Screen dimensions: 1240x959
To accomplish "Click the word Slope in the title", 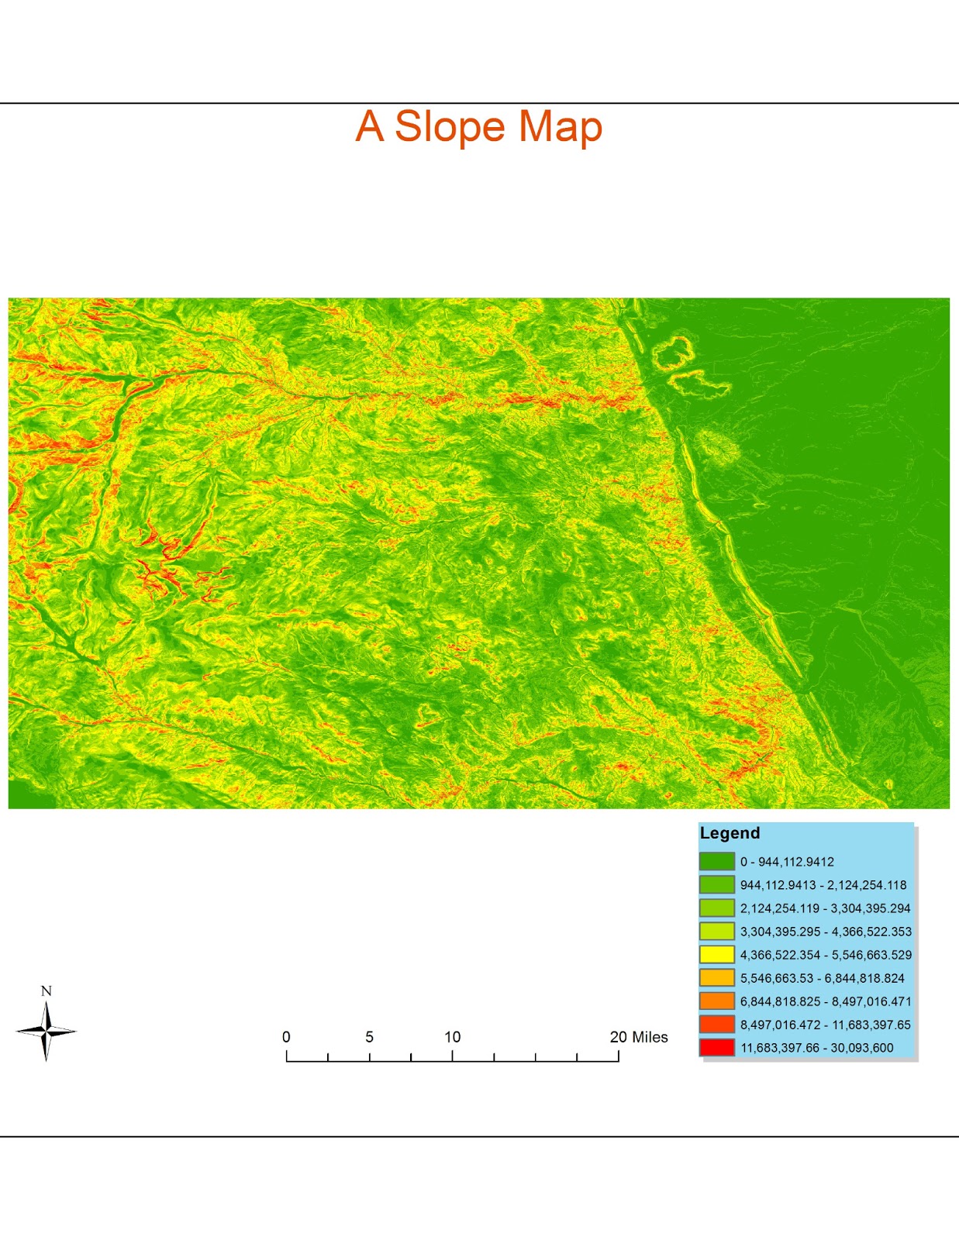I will tap(450, 126).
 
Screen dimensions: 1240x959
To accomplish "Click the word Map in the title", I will tap(560, 126).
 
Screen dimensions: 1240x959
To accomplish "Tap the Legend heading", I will tap(730, 833).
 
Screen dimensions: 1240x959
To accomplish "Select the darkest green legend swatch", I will tap(716, 861).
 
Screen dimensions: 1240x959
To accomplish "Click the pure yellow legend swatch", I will tap(716, 954).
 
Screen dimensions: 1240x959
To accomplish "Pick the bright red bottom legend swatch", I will tap(716, 1047).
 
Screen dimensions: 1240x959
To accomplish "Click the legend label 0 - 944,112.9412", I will tap(787, 862).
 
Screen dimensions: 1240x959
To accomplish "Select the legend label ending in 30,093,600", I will tap(816, 1048).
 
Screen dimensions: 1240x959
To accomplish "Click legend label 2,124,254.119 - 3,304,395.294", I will tap(825, 908).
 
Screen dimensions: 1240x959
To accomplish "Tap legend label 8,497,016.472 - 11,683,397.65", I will tap(825, 1025).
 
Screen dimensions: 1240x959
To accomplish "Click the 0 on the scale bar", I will tap(286, 1037).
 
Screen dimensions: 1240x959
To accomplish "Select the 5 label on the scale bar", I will tap(369, 1037).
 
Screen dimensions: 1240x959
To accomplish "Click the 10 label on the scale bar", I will tap(452, 1037).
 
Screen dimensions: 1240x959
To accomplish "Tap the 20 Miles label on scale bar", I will tap(638, 1037).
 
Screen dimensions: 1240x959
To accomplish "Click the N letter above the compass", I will tap(46, 991).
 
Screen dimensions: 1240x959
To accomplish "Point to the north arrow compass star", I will tap(46, 1031).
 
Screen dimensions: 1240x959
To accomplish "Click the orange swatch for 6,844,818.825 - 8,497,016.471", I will tap(716, 1001).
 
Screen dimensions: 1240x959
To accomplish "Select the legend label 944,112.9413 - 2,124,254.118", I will tap(823, 885).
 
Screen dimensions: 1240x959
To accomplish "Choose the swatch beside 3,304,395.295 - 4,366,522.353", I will tap(716, 931).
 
